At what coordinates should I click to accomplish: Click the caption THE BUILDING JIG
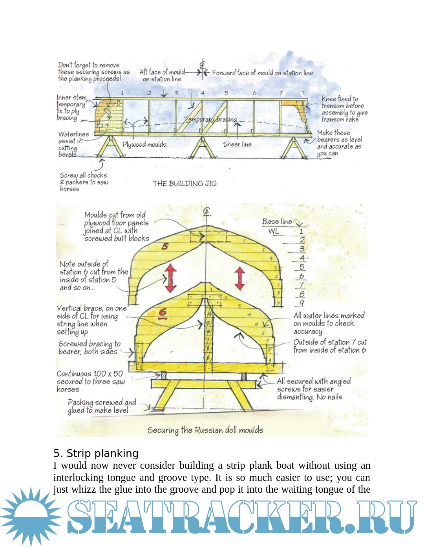[185, 183]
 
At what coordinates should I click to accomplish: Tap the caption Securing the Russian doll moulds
[205, 430]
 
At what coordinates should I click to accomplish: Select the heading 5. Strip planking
[96, 453]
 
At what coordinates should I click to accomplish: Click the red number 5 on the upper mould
[165, 246]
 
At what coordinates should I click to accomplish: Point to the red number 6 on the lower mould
[163, 313]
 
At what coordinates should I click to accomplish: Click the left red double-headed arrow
[171, 278]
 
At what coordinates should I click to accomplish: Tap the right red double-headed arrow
[240, 278]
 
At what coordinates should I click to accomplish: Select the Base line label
[277, 222]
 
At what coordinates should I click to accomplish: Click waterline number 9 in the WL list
[302, 303]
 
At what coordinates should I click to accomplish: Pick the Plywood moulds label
[144, 144]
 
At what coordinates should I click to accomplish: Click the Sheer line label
[237, 144]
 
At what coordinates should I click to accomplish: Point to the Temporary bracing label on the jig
[210, 119]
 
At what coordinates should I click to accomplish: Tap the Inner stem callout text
[71, 107]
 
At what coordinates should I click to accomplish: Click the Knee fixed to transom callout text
[344, 109]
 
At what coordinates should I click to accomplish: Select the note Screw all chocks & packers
[84, 182]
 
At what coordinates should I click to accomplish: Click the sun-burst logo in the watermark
[31, 517]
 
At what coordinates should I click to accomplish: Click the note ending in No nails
[313, 389]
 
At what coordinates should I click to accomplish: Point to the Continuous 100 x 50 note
[90, 381]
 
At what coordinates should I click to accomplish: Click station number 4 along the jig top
[203, 93]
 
